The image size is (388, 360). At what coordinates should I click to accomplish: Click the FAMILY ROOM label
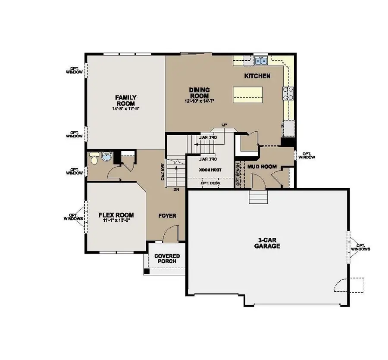pos(125,100)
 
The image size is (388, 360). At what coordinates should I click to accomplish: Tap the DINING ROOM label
pos(199,93)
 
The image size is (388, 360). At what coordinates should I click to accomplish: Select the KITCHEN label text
pos(257,76)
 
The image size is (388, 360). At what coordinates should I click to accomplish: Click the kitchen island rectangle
pos(248,95)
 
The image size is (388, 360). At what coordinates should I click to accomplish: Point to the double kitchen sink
pos(260,61)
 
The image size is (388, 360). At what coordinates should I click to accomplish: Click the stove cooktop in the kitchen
pos(288,93)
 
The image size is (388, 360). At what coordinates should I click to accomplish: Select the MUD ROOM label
pos(261,167)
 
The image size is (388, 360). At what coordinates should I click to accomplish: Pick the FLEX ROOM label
pos(116,215)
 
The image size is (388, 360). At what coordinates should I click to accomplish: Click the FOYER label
pos(167,215)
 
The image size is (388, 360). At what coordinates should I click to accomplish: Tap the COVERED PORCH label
pos(167,259)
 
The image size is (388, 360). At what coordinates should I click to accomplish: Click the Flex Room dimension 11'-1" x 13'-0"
pos(116,220)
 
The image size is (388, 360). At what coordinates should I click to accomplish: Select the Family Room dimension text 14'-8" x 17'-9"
pos(125,109)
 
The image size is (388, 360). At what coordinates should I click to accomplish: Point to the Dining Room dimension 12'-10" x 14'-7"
pos(199,101)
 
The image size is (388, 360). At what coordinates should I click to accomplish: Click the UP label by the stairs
pos(224,125)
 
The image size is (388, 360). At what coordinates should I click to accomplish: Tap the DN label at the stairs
pos(176,189)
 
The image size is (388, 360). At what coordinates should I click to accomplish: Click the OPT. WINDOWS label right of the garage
pos(360,247)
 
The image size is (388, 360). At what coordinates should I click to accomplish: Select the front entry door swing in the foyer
pos(171,235)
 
